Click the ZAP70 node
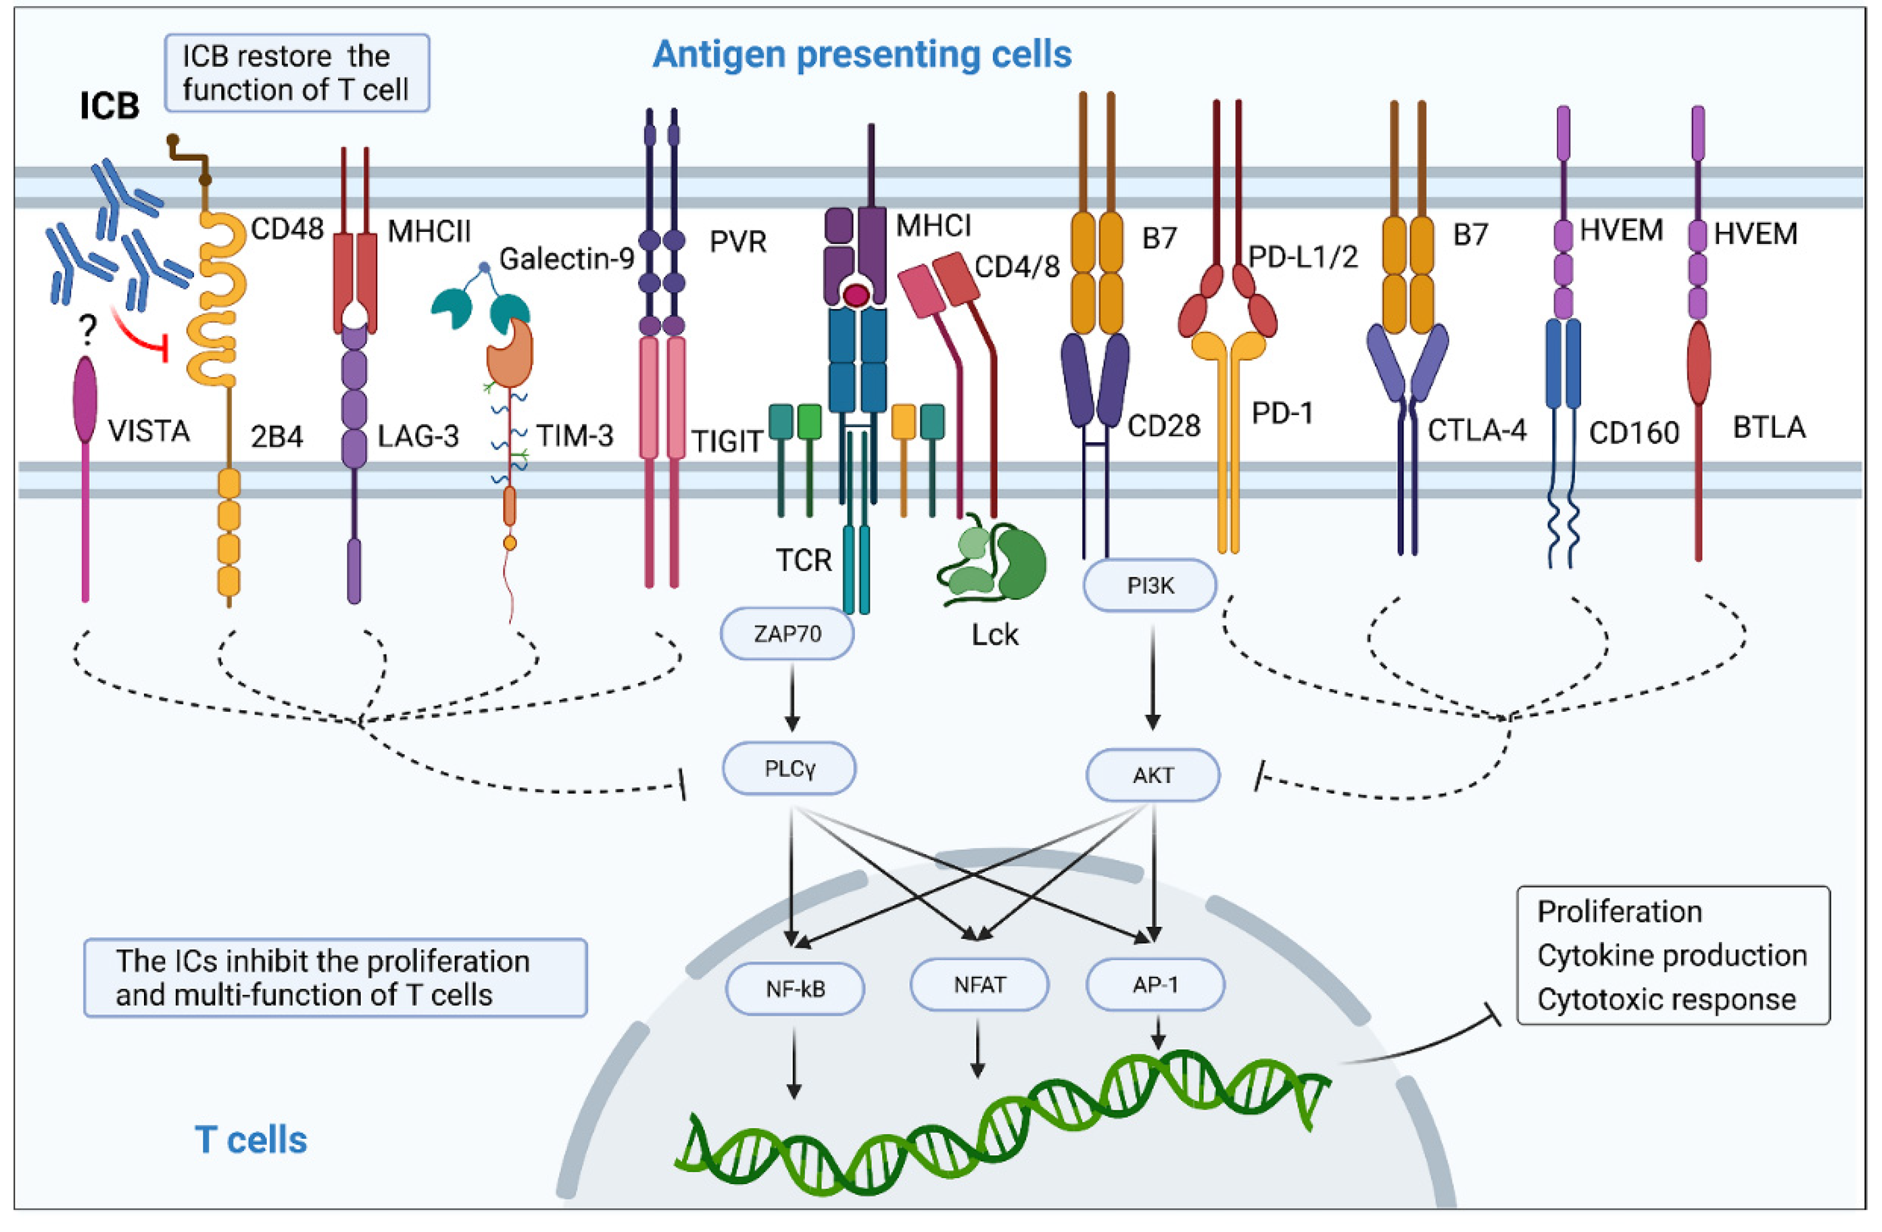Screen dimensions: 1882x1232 (787, 634)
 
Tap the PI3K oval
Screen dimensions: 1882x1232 (1150, 585)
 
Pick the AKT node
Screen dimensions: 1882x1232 (1153, 775)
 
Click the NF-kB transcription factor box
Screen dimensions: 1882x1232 (795, 989)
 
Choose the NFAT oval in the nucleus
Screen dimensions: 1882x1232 (980, 985)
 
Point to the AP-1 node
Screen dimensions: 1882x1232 (1156, 985)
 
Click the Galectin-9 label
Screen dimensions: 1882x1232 (567, 258)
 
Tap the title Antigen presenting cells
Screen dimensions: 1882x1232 (862, 54)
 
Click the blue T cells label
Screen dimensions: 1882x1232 (251, 1140)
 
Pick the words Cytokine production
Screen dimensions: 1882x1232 (1672, 955)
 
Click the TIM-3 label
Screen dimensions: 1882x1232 (575, 436)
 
